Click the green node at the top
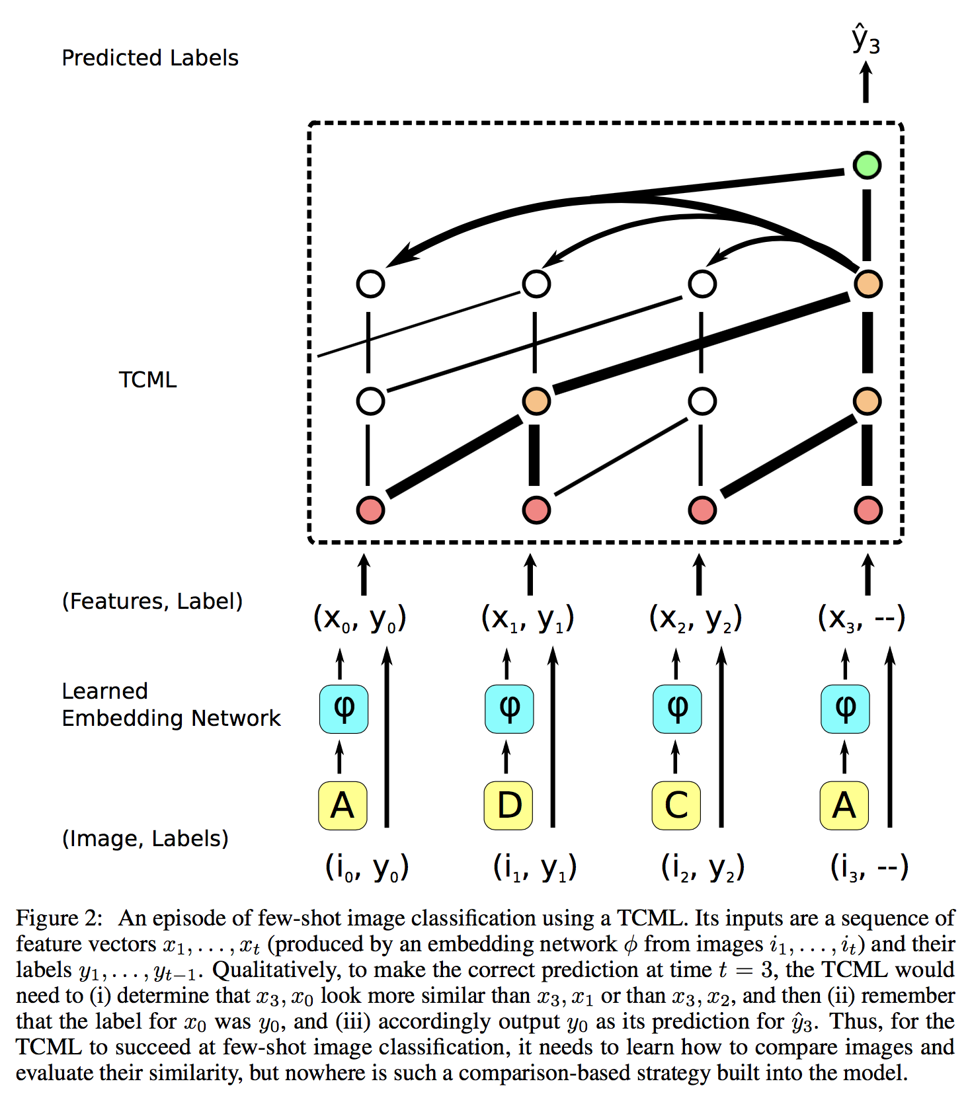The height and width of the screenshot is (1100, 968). (x=866, y=165)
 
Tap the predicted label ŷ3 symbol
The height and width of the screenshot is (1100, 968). (x=866, y=38)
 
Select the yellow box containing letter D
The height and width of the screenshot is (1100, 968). (x=508, y=805)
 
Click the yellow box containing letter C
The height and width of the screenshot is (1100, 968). (x=676, y=805)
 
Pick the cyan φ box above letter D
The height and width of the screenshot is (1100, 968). (x=508, y=709)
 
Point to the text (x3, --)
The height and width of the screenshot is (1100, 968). (x=861, y=618)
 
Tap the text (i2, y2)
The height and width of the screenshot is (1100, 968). (x=703, y=867)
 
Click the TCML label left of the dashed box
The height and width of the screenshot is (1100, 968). (x=147, y=380)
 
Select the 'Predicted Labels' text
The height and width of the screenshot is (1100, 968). (x=149, y=58)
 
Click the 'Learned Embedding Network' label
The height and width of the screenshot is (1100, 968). (x=171, y=705)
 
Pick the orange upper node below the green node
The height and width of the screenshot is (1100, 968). (x=867, y=284)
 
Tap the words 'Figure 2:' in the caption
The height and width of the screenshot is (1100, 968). (x=60, y=918)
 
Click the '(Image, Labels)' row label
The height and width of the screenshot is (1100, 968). (x=145, y=838)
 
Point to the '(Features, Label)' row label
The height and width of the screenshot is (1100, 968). (x=152, y=601)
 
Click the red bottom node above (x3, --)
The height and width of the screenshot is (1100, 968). (x=867, y=510)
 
